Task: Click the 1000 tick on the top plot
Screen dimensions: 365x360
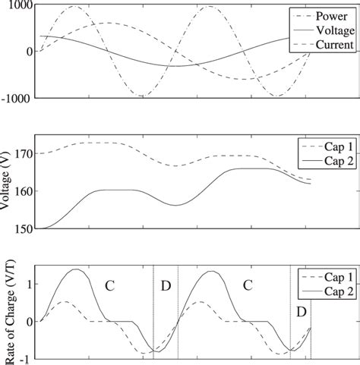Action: tap(17, 5)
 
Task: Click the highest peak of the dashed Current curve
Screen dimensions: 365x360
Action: tap(110, 23)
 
